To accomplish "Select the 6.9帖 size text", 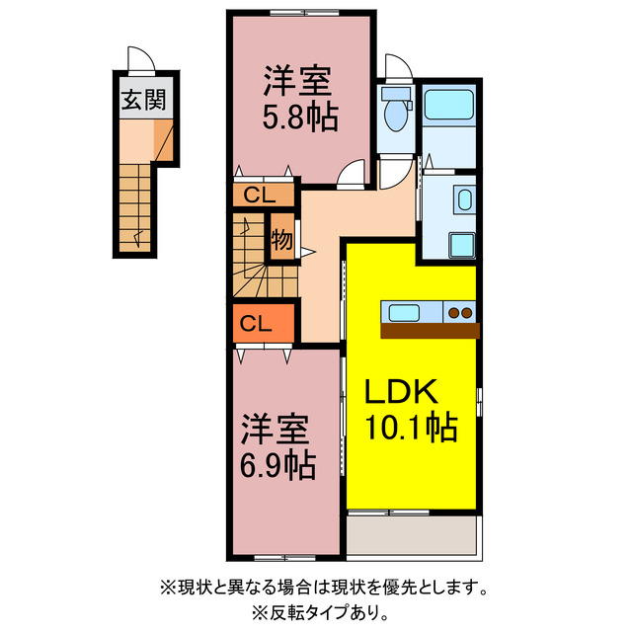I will (277, 462).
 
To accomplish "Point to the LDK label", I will (402, 393).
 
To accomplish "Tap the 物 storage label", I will (281, 239).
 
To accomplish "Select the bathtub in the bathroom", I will (449, 103).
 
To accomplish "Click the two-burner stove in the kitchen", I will (459, 313).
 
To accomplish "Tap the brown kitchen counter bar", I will (429, 331).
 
